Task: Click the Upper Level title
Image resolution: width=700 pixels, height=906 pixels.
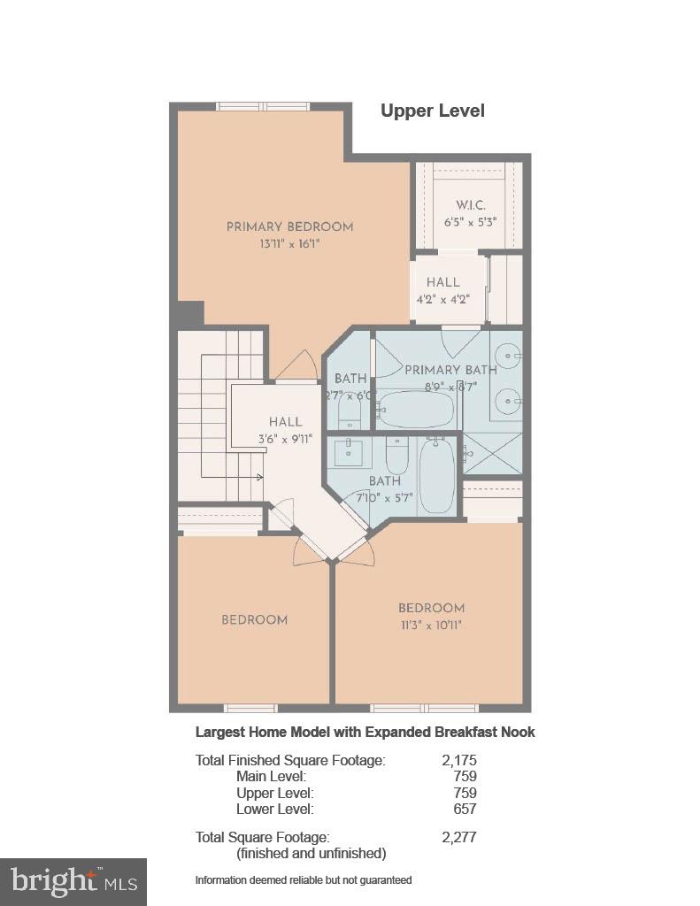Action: point(432,111)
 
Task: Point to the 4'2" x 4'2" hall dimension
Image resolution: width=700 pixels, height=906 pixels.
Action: point(442,299)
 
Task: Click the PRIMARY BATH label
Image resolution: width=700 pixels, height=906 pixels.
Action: point(450,370)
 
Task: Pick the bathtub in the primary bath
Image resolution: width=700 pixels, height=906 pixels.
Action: point(415,410)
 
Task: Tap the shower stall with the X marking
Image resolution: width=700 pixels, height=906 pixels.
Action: point(493,453)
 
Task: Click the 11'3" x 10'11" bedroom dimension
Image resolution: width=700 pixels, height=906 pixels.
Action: point(431,625)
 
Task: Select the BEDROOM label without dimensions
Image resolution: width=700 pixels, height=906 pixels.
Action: point(254,619)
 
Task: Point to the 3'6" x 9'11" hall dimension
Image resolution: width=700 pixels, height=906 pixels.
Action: point(285,439)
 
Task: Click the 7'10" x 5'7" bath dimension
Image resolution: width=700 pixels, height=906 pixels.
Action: point(385,498)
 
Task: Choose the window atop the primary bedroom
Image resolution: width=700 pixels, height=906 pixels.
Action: point(263,106)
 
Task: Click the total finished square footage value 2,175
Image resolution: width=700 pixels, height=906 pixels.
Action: point(458,760)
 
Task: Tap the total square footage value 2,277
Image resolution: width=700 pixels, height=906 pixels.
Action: point(458,837)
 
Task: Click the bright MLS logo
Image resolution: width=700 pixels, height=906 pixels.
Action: point(73,881)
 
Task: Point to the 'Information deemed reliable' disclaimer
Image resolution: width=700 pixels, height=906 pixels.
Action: point(304,879)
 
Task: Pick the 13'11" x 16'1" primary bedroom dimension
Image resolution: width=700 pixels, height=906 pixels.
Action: point(277,243)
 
